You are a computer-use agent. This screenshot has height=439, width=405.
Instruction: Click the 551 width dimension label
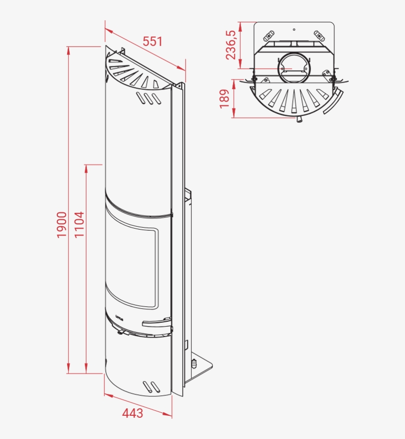coord(153,42)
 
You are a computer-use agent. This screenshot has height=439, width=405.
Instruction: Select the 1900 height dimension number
coord(61,225)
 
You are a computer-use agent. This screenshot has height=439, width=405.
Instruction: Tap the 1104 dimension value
coord(80,225)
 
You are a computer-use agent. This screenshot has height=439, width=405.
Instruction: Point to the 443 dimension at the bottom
coord(133,413)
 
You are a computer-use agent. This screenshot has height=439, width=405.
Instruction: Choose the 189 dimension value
coord(225,98)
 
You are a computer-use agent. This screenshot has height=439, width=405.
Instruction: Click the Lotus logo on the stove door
coord(119,315)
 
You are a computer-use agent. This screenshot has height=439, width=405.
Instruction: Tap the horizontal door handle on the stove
coord(157,324)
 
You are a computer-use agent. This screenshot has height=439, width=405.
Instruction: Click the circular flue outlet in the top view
coord(294,68)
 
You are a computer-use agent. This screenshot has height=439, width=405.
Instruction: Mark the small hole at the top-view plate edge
coord(294,29)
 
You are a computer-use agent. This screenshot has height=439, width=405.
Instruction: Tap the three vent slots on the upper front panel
coord(149,99)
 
